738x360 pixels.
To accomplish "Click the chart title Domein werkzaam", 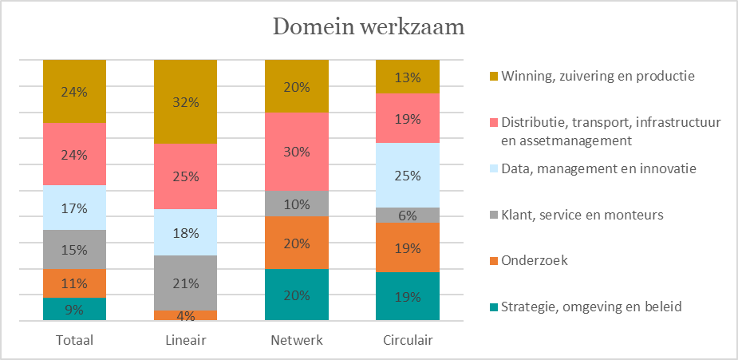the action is (369, 27).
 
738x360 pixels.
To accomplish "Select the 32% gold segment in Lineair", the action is (185, 101).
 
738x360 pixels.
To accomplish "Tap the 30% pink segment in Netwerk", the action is (297, 152).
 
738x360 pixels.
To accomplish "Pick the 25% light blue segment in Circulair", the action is (408, 175).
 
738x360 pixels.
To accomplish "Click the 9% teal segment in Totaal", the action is (74, 309).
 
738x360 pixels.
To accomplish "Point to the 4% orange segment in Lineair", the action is (185, 315).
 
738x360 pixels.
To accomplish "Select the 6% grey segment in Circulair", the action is (408, 215).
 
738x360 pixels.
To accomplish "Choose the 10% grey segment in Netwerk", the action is (297, 204).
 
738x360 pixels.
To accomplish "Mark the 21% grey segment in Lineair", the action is (185, 283).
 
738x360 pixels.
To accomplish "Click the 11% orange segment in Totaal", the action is (74, 283).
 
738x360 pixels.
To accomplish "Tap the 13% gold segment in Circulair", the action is (408, 77).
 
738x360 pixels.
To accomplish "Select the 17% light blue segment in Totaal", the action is (74, 208).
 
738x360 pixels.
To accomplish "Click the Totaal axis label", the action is (74, 340).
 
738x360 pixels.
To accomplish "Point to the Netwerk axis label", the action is (297, 340).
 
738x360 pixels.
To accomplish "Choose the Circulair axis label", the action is (408, 340).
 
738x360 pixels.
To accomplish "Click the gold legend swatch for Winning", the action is (493, 77).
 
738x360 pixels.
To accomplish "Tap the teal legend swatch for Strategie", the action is (493, 308).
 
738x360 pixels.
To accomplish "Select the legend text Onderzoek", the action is (535, 261).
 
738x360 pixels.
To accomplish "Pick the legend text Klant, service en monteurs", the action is (582, 215).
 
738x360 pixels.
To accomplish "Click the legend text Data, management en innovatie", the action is (598, 168).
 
